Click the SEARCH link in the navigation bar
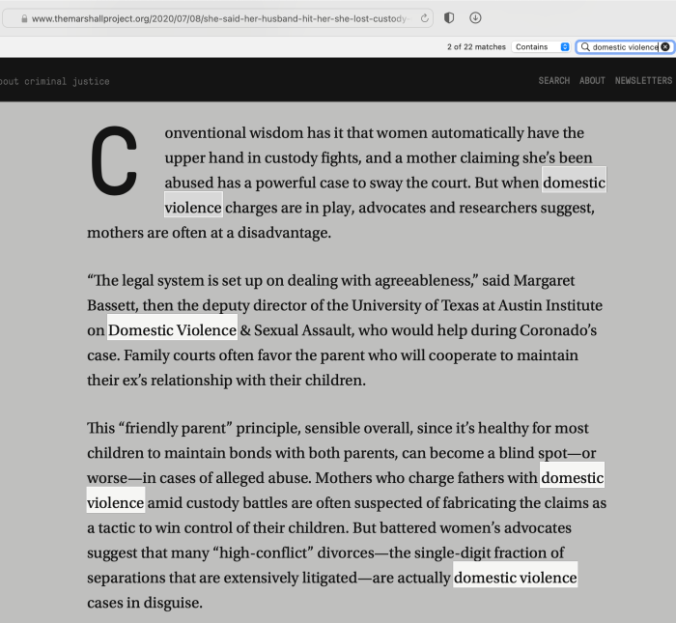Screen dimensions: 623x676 point(554,80)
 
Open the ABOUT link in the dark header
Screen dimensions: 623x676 point(592,80)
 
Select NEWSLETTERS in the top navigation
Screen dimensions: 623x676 point(643,80)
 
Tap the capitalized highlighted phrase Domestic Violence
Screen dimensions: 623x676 point(172,330)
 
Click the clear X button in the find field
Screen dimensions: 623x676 point(665,46)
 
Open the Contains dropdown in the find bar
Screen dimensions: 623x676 point(542,46)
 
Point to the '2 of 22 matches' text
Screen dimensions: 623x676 point(476,46)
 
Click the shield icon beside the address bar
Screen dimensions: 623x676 point(449,18)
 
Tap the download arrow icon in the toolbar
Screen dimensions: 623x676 point(475,18)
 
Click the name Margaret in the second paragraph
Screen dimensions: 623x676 point(544,281)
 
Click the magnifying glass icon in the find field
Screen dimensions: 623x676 point(585,46)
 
